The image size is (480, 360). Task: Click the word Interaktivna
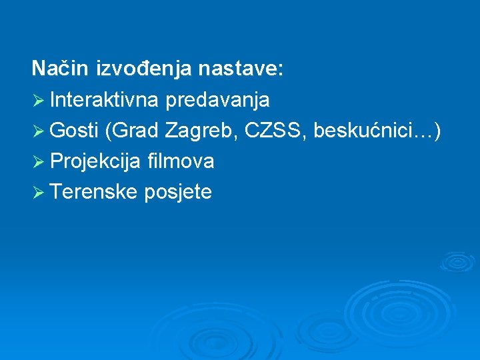[103, 100]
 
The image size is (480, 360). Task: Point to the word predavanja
[217, 101]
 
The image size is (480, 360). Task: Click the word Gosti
[74, 131]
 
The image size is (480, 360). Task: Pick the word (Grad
[131, 131]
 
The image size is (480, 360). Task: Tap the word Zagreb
[201, 131]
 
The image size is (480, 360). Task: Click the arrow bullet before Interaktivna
[39, 101]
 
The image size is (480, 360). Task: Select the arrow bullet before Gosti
[39, 131]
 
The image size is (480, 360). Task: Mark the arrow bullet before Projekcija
[39, 162]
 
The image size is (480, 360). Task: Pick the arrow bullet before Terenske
[39, 193]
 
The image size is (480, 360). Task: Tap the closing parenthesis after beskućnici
[437, 131]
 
